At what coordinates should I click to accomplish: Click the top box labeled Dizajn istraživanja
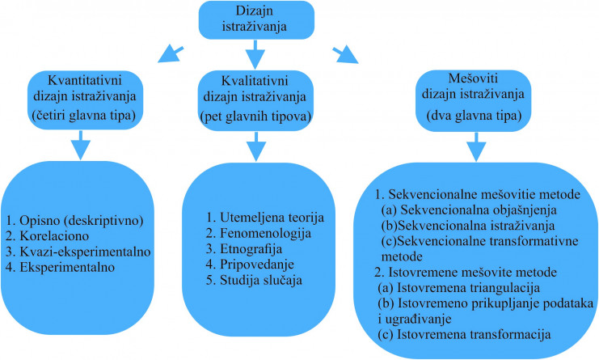[256, 20]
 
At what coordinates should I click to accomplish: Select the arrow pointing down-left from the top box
[171, 54]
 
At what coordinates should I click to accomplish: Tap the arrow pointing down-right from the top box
[345, 55]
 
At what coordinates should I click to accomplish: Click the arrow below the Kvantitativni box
[81, 146]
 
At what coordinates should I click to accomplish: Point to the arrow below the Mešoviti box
[476, 147]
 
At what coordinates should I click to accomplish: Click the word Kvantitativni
[85, 80]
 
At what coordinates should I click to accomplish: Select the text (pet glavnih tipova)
[255, 116]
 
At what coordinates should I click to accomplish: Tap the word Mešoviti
[473, 78]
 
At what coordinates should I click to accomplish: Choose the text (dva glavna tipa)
[474, 115]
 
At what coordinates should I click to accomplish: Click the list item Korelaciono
[48, 235]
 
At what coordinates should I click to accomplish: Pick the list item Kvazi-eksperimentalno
[78, 252]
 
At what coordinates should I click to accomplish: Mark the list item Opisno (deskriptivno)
[74, 221]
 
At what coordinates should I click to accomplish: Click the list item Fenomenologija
[259, 233]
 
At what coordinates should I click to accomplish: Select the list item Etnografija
[244, 248]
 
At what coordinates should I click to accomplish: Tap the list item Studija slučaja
[254, 280]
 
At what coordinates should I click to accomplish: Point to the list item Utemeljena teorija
[264, 217]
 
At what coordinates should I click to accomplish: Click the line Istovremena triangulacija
[459, 287]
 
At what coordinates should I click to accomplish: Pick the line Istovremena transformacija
[464, 334]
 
